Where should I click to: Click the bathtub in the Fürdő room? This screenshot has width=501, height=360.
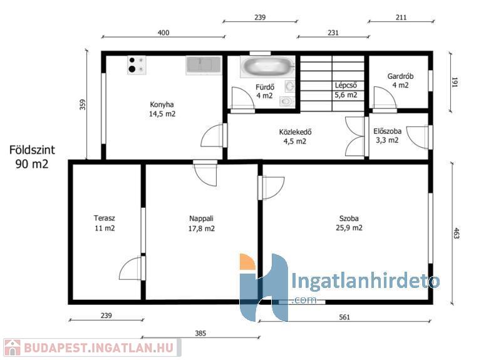click(x=267, y=66)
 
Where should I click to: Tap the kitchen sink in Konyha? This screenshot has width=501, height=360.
click(x=204, y=65)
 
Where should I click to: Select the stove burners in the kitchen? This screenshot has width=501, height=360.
click(x=137, y=65)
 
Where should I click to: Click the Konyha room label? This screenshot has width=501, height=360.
click(x=162, y=109)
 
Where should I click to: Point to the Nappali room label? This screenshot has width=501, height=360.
click(x=201, y=224)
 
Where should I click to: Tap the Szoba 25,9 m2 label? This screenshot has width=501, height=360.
click(x=349, y=223)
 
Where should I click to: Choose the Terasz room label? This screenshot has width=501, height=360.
click(x=105, y=223)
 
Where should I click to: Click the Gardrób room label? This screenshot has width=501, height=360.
click(x=400, y=81)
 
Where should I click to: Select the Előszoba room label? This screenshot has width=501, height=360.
click(x=387, y=135)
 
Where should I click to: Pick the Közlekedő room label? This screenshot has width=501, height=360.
click(x=295, y=136)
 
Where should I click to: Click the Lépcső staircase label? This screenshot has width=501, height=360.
click(x=346, y=90)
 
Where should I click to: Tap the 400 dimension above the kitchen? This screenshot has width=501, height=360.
click(x=163, y=33)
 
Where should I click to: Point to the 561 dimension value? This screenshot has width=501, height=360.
click(x=344, y=317)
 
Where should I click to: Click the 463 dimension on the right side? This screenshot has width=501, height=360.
click(x=457, y=234)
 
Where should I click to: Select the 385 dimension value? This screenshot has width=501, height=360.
click(x=200, y=333)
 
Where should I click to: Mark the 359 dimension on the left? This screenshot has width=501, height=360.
click(x=83, y=105)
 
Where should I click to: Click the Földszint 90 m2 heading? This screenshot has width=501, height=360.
click(x=32, y=157)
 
